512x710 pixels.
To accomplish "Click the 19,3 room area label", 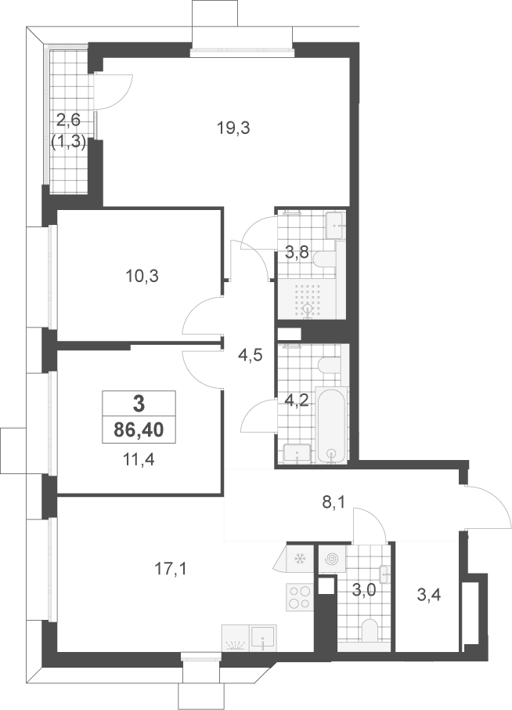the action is coord(233,129).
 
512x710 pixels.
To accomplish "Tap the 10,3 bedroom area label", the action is coord(142,276).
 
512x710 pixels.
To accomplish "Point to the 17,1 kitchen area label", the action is coord(170,568).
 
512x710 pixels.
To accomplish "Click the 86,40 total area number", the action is coord(139,429).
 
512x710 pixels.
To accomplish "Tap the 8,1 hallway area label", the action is coord(334,502).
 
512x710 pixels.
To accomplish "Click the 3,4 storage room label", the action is coord(429,596).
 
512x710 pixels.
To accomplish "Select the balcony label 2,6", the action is coord(68,121).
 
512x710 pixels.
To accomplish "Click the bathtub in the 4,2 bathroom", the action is coord(333,426).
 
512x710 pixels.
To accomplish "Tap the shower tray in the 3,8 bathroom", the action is coord(308,299).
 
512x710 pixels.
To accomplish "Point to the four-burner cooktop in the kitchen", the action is coord(299,597).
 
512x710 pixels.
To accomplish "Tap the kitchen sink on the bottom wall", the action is coord(263,638).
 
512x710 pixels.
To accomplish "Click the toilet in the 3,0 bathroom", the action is coord(370,631).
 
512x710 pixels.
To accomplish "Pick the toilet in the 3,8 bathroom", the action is coord(323,259).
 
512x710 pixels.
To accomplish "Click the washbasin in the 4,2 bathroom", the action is coord(297,454).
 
